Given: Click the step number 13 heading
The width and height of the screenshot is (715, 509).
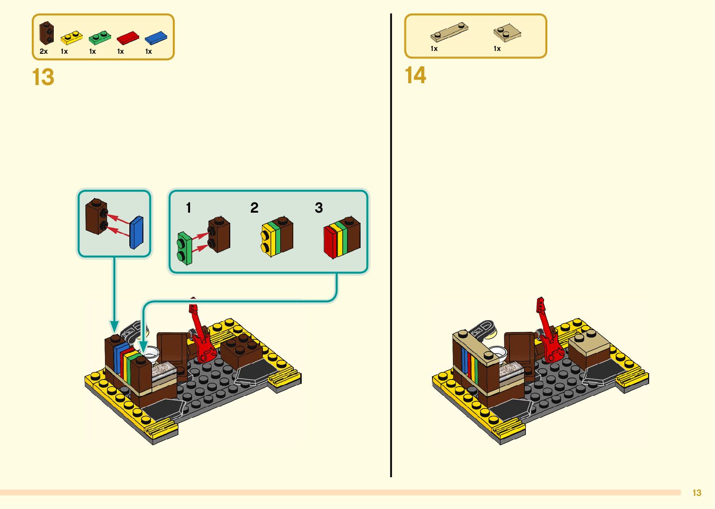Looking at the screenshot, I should [x=43, y=77].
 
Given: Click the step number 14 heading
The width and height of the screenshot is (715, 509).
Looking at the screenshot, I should [x=415, y=75].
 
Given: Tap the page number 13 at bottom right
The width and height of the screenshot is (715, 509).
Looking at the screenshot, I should [x=697, y=493].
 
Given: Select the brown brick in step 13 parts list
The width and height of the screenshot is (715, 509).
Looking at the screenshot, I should [x=46, y=33].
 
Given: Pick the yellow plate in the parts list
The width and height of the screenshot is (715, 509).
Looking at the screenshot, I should [x=71, y=37].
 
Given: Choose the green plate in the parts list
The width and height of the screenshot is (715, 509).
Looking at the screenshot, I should [x=99, y=37].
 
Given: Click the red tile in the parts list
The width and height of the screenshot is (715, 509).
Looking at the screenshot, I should [x=127, y=37].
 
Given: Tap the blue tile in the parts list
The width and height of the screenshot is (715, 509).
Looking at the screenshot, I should [x=156, y=37].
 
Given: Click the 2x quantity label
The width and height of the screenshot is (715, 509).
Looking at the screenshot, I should [x=43, y=51].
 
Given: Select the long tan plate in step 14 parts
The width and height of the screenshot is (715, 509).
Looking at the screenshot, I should [x=449, y=32].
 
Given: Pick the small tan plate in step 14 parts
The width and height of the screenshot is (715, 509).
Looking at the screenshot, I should [x=507, y=32].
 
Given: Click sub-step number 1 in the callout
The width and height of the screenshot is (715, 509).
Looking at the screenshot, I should [x=188, y=208].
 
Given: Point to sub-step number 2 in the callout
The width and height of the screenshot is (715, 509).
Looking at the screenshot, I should [x=254, y=208].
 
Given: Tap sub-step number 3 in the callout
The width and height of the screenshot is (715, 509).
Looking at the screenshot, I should [x=319, y=208].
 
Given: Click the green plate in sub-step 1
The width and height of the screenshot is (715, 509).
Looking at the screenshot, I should [x=184, y=248].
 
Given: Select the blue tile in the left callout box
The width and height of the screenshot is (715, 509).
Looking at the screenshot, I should [x=136, y=232].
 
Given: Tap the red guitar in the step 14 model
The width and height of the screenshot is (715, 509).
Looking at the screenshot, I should [x=549, y=334].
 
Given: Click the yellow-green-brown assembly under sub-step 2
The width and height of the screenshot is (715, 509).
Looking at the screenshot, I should [x=277, y=236].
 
